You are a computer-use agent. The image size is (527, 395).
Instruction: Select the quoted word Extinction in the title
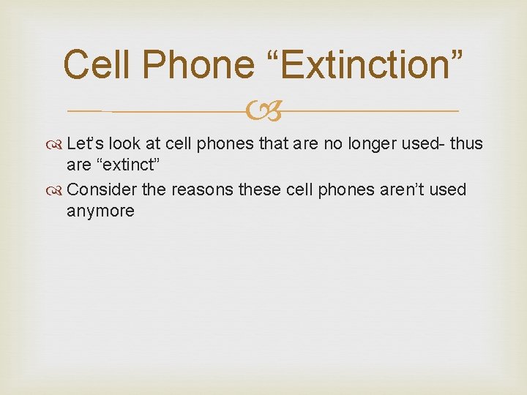coord(370,64)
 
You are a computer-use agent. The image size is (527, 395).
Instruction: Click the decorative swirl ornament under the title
coord(263,112)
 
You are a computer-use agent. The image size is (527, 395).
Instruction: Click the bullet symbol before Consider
coord(58,190)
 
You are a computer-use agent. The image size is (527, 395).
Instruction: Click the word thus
coord(466,144)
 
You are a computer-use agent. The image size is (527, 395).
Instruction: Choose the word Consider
coord(101,189)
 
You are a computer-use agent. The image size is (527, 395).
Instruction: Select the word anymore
coord(100,211)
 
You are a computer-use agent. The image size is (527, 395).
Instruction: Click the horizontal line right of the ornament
coord(370,111)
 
